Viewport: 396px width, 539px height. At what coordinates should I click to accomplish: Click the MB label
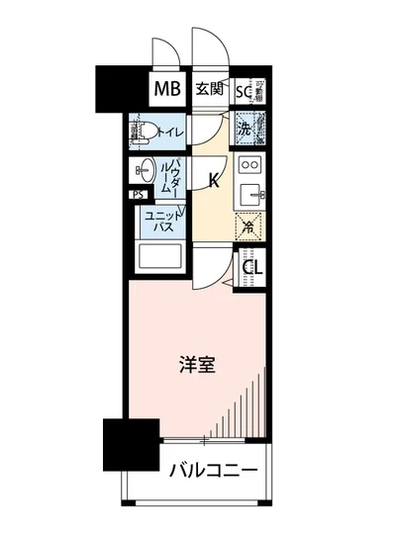(165, 90)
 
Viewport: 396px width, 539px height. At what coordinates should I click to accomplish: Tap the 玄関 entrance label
(208, 90)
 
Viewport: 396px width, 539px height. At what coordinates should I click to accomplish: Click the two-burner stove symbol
(250, 164)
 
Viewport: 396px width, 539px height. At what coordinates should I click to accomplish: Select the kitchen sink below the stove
(250, 191)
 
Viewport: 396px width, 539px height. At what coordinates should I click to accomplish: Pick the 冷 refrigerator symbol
(249, 226)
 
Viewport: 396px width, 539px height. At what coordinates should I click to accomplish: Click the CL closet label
(252, 265)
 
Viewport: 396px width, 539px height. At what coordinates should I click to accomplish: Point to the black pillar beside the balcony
(131, 445)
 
